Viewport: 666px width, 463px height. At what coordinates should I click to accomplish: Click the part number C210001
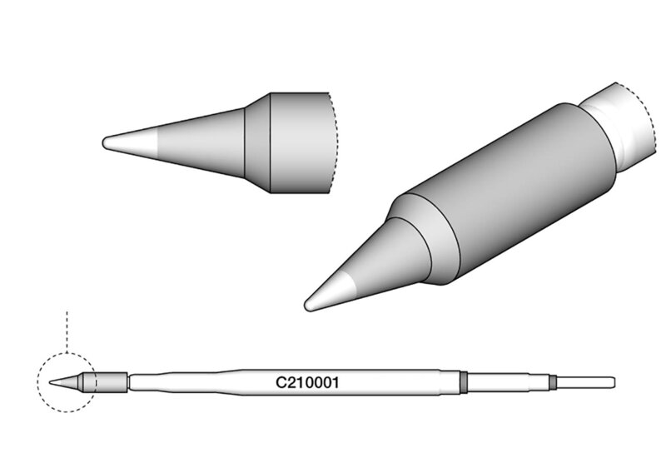307,382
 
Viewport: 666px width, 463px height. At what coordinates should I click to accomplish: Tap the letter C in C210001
281,382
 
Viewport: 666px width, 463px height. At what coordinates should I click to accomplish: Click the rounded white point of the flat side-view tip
130,142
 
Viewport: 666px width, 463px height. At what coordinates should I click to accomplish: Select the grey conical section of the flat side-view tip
201,142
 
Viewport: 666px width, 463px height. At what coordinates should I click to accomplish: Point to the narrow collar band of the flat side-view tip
257,142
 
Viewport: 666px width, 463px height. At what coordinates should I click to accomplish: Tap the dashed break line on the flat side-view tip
335,142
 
